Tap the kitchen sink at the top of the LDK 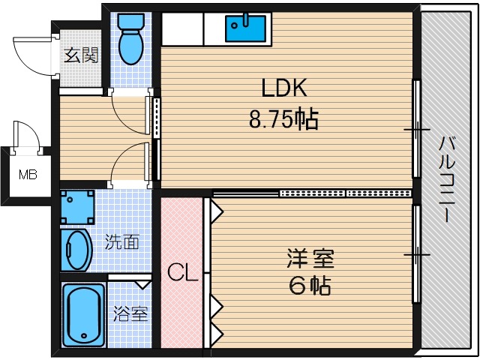pyautogui.click(x=245, y=29)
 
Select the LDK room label pyautogui.click(x=283, y=88)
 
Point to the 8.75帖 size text pyautogui.click(x=283, y=119)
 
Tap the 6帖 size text pyautogui.click(x=310, y=286)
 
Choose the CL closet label pyautogui.click(x=182, y=272)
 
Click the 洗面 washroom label pyautogui.click(x=121, y=242)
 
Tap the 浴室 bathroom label pyautogui.click(x=130, y=313)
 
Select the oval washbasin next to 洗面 pyautogui.click(x=76, y=250)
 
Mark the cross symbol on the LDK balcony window pyautogui.click(x=416, y=130)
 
